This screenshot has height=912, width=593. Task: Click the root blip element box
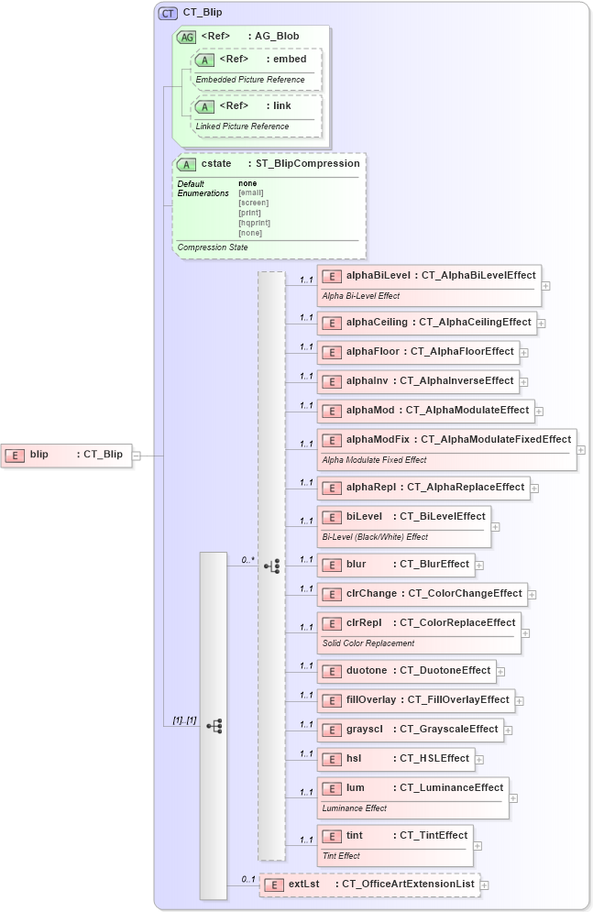coord(66,455)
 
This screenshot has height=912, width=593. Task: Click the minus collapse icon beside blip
coord(137,455)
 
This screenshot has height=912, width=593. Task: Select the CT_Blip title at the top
coord(203,13)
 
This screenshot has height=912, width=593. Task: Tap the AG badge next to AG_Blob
coord(186,37)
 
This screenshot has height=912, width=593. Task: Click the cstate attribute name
coord(216,164)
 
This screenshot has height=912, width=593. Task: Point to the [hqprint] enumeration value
coord(254,223)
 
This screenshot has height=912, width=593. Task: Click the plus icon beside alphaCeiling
coord(542,323)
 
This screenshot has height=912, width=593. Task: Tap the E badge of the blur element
coord(332,565)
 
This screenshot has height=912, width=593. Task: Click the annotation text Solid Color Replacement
coord(368,643)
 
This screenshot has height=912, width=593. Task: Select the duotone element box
coord(407,671)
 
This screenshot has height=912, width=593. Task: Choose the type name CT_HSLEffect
coord(434,759)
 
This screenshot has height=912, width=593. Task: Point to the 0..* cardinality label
coord(247,558)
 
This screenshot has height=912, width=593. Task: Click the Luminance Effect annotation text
coord(354,808)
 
